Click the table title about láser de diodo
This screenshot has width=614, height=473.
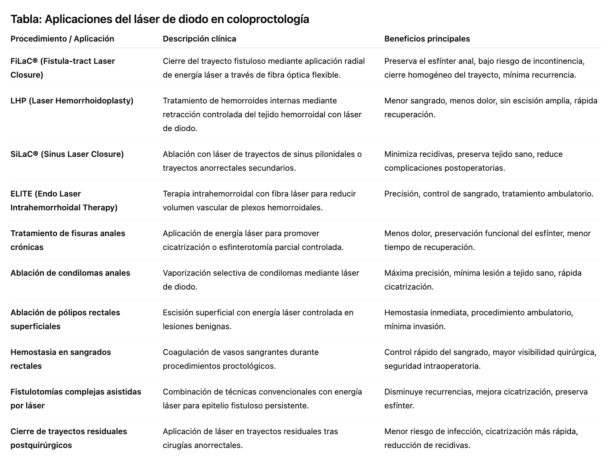[160, 19]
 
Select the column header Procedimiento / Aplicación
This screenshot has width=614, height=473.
[62, 39]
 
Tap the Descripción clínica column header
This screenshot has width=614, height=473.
[199, 39]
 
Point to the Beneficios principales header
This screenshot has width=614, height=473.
[427, 39]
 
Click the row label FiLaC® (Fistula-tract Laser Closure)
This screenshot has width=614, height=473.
[63, 68]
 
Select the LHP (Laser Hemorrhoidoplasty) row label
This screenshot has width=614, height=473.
[72, 101]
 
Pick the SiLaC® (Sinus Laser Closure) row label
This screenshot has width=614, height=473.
[67, 154]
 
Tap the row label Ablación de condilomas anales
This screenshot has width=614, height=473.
[70, 273]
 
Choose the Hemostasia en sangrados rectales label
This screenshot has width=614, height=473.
[61, 359]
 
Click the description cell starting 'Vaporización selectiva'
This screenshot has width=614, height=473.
[261, 280]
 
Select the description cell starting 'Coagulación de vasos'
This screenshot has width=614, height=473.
[240, 359]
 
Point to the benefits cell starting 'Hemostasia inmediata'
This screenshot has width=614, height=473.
[479, 320]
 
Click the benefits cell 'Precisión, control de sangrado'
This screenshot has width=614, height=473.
[489, 194]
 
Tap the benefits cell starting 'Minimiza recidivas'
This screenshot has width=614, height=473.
[473, 161]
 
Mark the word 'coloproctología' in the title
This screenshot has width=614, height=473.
[268, 19]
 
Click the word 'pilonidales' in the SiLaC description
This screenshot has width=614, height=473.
[334, 154]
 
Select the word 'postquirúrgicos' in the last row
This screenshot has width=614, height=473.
[41, 445]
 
